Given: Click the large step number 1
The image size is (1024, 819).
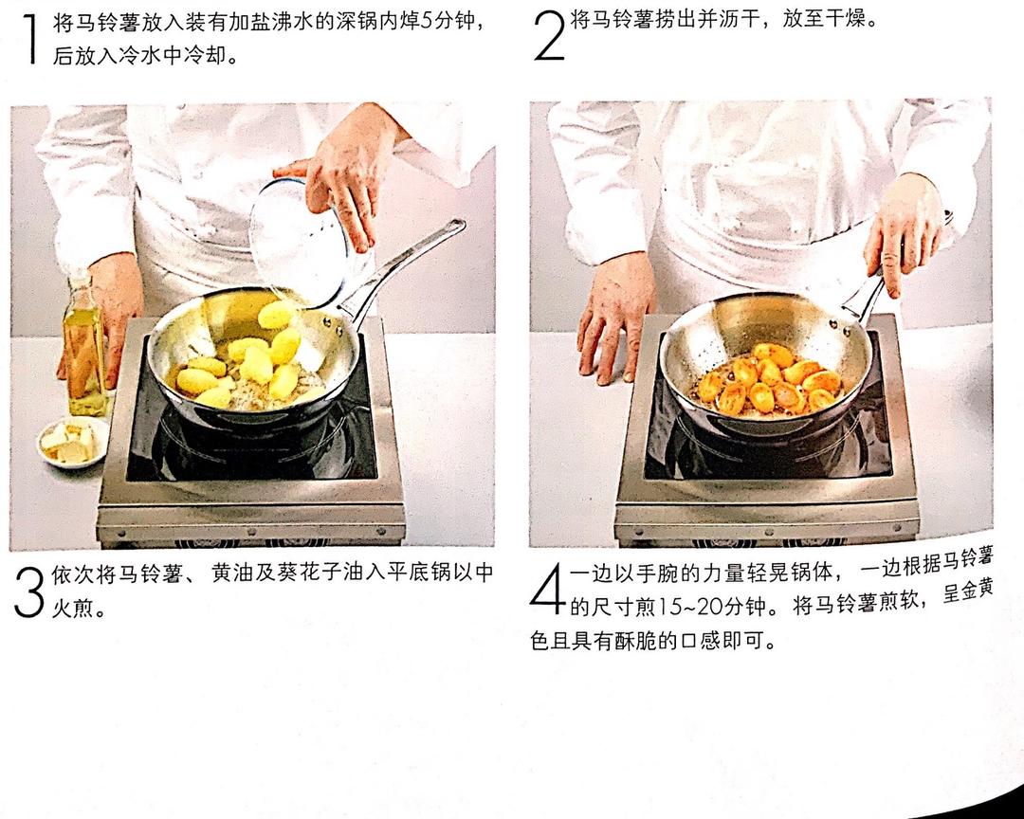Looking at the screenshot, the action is coord(30,39).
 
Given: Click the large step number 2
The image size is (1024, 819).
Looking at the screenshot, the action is coord(549,37).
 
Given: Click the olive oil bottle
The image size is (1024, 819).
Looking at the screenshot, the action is coord(85,346).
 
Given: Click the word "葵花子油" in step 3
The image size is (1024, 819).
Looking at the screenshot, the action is coord(320,573).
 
